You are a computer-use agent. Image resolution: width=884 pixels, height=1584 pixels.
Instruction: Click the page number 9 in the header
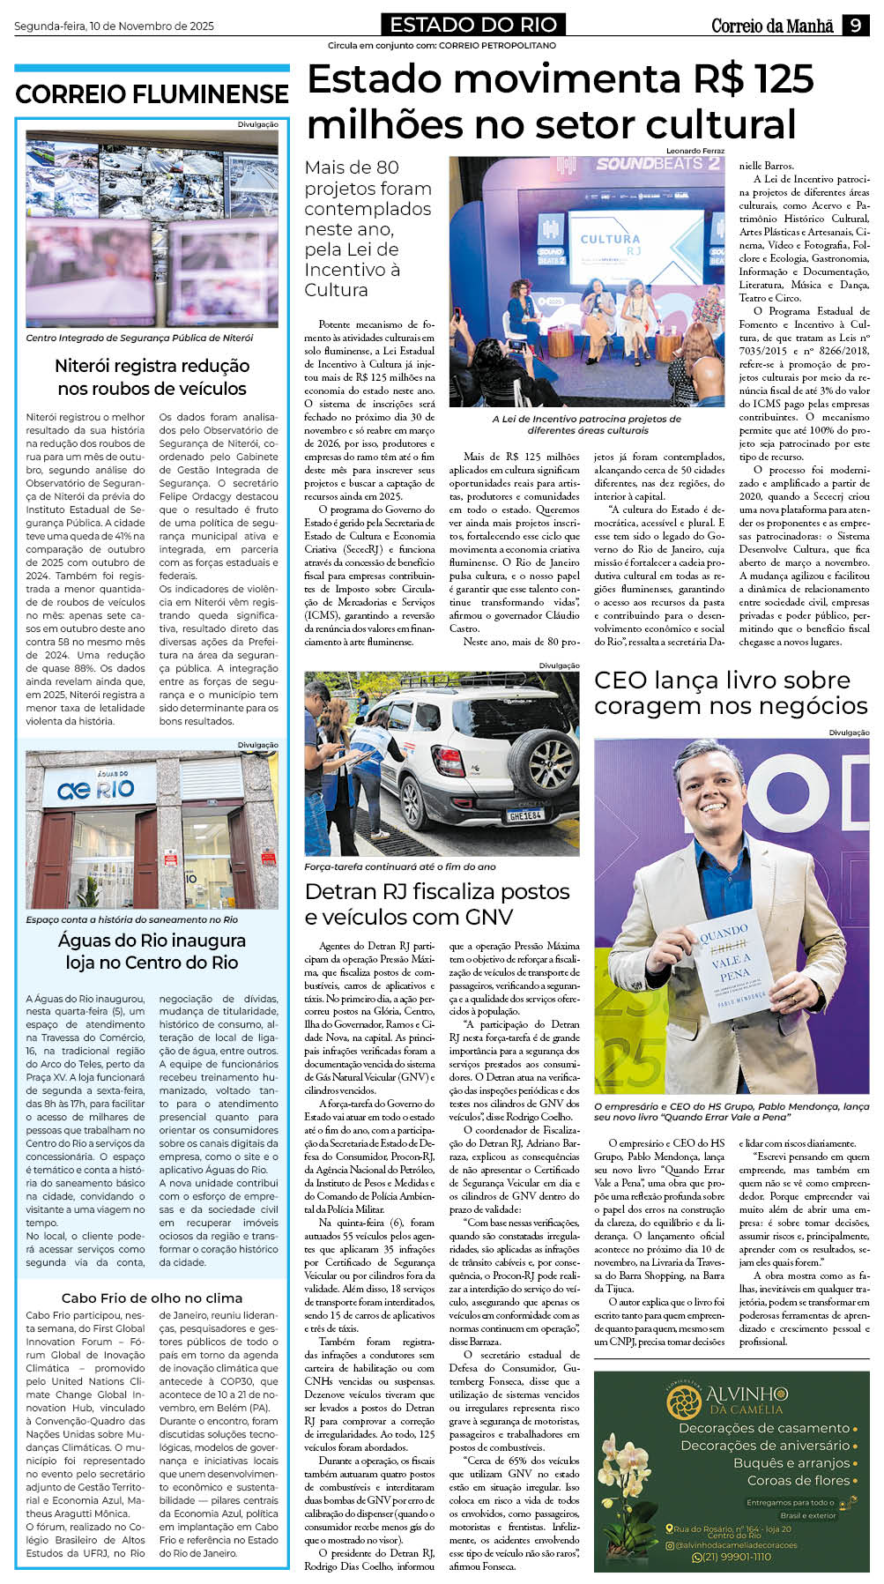tap(855, 26)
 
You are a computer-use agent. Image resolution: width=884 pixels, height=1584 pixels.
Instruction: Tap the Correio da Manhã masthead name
tap(772, 26)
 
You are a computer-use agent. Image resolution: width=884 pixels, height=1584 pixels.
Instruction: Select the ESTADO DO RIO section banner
tap(473, 25)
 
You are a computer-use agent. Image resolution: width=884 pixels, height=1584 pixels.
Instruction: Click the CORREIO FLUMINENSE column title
tap(152, 94)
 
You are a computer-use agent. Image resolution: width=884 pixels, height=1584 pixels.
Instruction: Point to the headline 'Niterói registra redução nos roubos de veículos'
tap(152, 376)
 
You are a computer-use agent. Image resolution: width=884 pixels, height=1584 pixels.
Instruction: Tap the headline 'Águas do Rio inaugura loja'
tap(152, 951)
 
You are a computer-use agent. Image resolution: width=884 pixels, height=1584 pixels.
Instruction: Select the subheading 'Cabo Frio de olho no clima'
tap(152, 1298)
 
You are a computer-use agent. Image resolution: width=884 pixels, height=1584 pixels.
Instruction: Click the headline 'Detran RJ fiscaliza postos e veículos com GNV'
tap(437, 904)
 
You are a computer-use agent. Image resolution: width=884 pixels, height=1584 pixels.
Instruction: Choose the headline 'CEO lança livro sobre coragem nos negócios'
tap(731, 693)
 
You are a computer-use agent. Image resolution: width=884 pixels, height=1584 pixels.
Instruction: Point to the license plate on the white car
tap(525, 816)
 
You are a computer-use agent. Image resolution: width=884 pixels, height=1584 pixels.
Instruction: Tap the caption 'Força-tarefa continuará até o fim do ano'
tap(399, 866)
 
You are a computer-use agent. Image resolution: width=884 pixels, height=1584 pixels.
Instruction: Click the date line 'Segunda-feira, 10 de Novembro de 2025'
tap(114, 26)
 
